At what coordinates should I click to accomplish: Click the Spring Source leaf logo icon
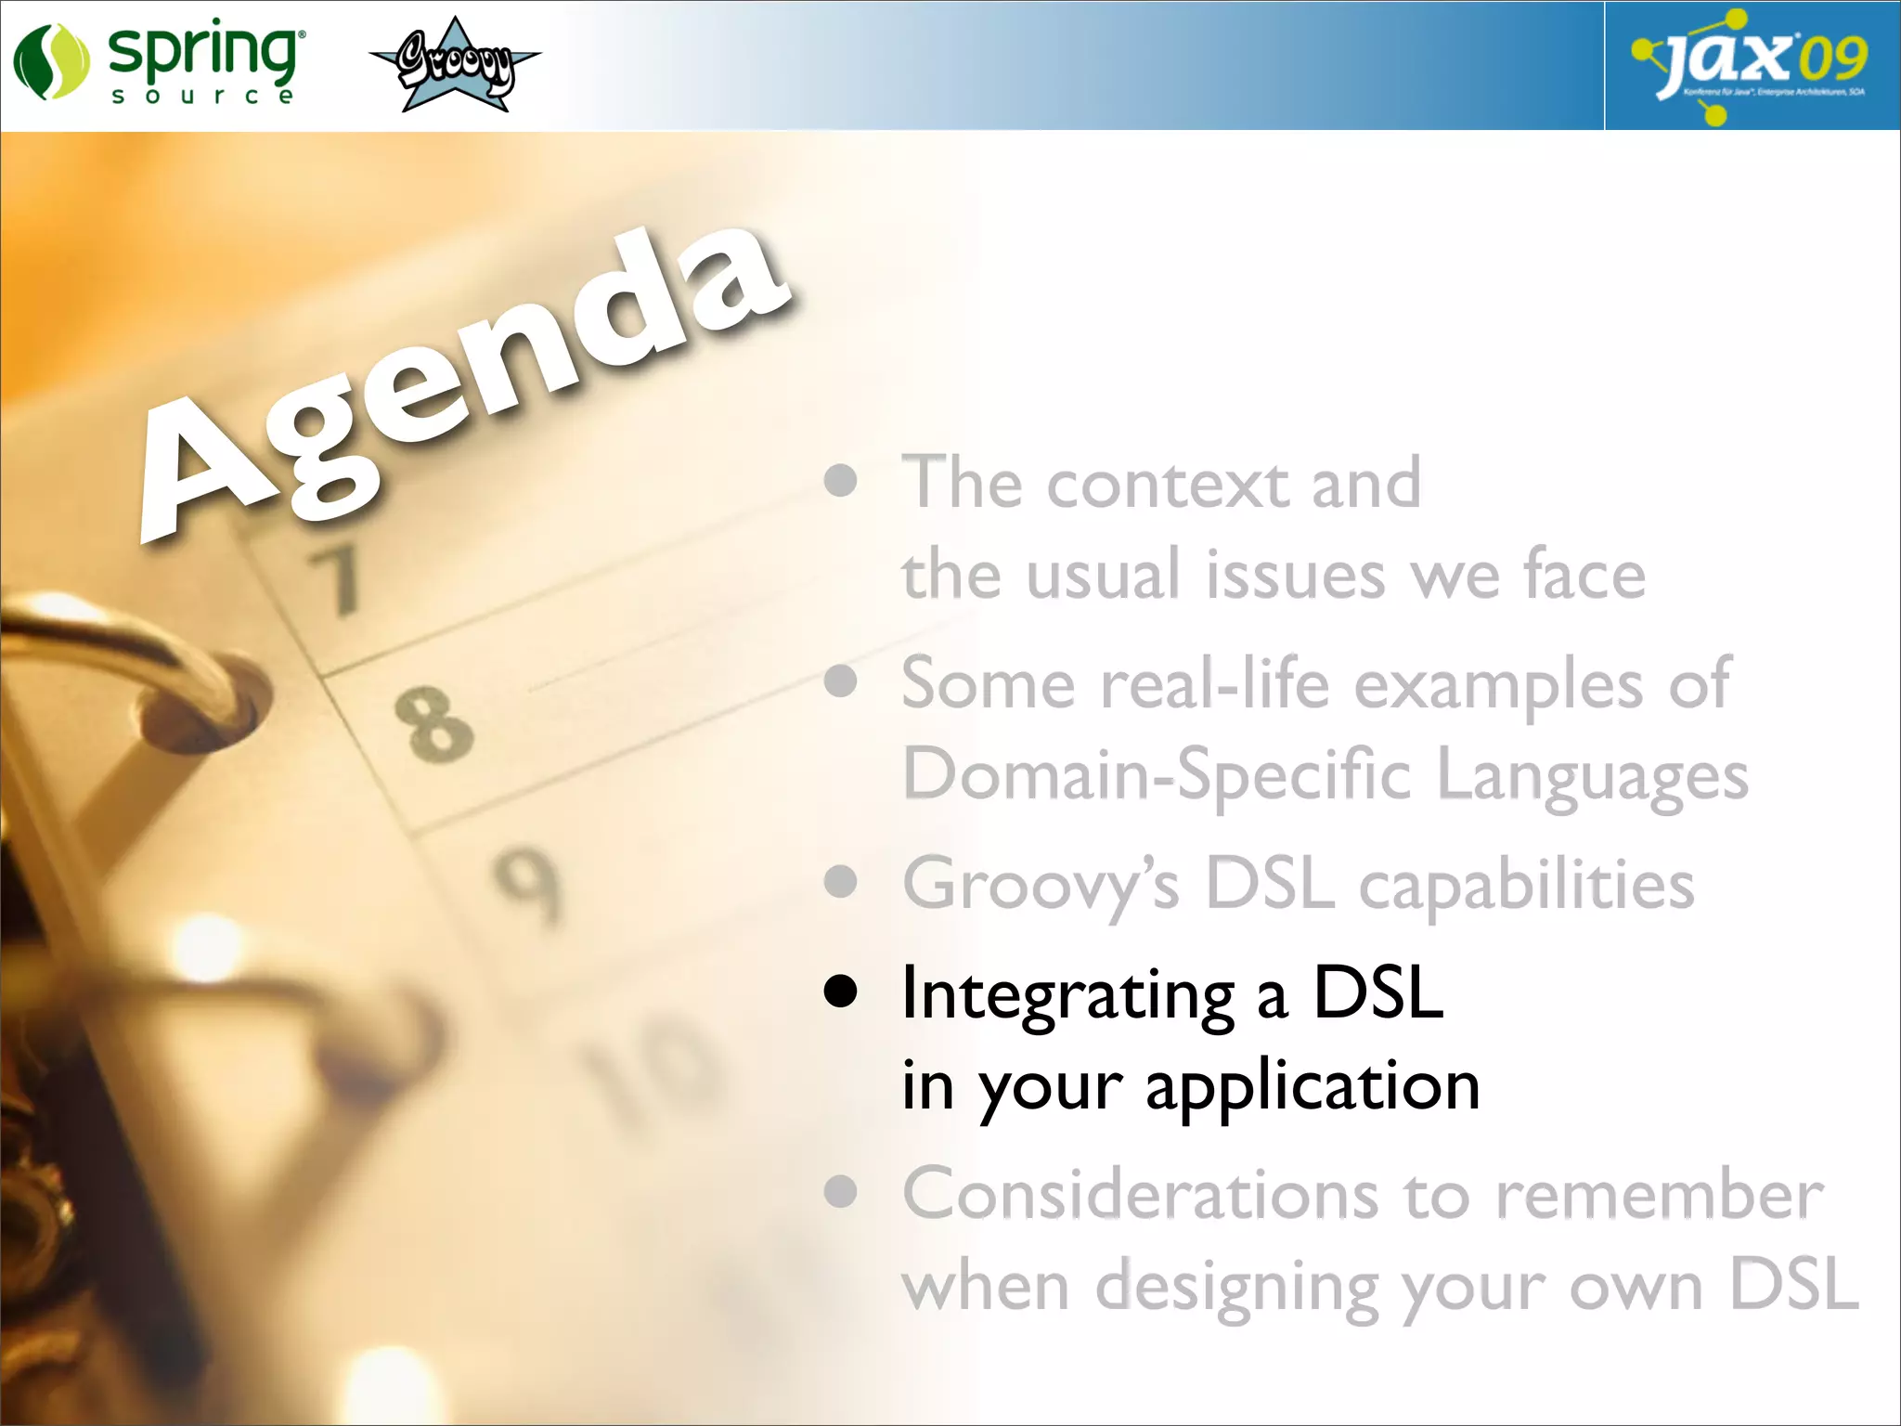[x=51, y=61]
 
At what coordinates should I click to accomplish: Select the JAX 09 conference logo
[x=1752, y=65]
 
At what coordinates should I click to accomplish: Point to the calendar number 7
[x=336, y=580]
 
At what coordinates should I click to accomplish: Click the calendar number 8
[x=433, y=724]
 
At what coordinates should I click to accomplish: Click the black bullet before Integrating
[x=841, y=992]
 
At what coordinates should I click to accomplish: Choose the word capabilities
[x=1527, y=885]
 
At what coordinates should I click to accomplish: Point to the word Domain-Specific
[x=1157, y=776]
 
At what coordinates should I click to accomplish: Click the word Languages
[x=1592, y=776]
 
